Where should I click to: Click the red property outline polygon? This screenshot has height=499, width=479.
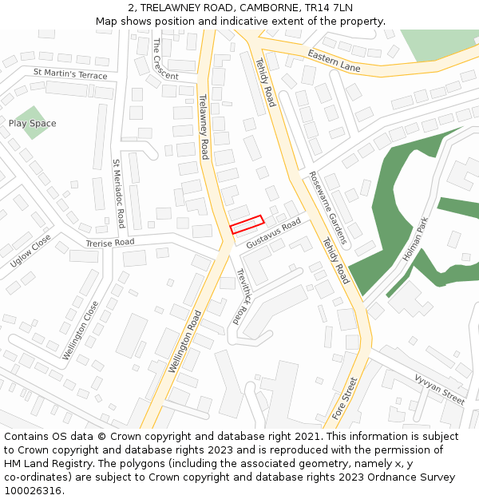247,224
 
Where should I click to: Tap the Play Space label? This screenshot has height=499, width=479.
33,124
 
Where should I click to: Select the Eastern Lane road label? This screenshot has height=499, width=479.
335,62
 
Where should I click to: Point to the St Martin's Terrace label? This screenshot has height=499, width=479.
70,74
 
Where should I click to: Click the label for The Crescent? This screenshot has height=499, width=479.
164,58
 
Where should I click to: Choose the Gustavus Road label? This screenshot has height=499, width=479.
274,231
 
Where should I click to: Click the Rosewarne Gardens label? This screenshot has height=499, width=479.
329,208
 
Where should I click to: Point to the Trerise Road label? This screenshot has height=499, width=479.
110,242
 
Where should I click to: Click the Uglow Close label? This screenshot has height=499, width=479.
30,251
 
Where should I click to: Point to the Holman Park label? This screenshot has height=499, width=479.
417,240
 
